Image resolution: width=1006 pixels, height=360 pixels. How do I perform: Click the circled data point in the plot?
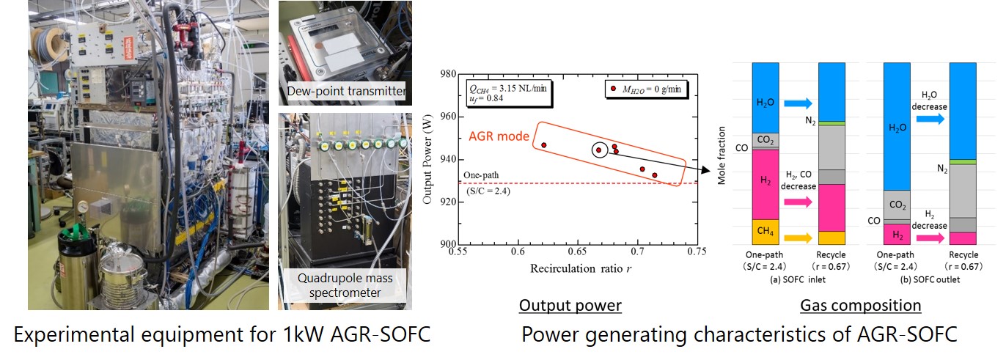tap(599, 150)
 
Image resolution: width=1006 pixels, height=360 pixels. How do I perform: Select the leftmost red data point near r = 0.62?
tap(543, 145)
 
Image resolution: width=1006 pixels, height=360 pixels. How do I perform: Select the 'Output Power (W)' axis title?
tap(427, 158)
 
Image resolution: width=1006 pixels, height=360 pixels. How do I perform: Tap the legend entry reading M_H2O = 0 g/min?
tap(640, 89)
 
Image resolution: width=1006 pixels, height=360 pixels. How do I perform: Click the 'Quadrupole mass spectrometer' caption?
tap(344, 285)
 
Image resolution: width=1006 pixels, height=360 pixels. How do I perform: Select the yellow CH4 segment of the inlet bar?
tap(766, 232)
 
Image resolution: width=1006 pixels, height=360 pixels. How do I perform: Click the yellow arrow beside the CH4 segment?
tap(798, 238)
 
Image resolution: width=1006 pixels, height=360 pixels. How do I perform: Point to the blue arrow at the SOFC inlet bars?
tap(798, 104)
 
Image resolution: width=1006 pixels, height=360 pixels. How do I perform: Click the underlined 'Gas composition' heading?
tap(860, 306)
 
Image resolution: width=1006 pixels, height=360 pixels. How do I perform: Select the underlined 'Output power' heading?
tap(570, 306)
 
